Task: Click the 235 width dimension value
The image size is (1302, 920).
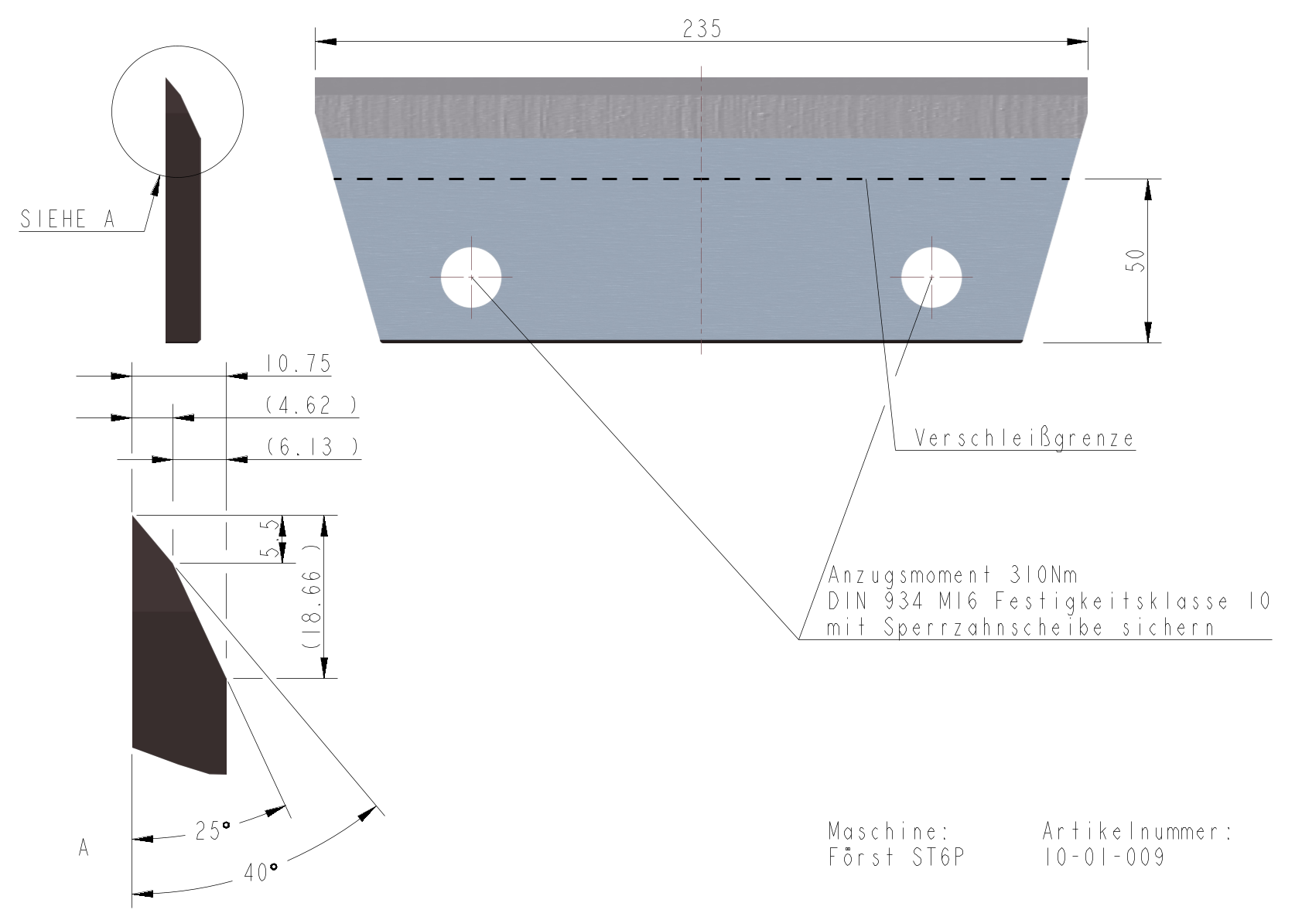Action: coord(702,29)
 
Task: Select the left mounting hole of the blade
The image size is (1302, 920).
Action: coord(471,277)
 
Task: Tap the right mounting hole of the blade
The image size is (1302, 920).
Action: coord(931,277)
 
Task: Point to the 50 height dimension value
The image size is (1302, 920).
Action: coord(1135,261)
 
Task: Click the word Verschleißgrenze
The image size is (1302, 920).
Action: coord(1024,438)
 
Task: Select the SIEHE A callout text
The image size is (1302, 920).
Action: coord(67,219)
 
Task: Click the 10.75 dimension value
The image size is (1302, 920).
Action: coord(298,363)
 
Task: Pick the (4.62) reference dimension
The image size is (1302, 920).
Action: coord(311,405)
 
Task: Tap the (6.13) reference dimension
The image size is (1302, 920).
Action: coord(312,447)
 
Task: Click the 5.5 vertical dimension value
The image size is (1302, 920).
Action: coord(270,538)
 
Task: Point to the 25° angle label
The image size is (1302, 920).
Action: coord(213,831)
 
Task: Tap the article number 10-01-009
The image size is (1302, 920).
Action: coord(1105,857)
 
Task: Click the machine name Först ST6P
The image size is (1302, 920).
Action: coord(897,857)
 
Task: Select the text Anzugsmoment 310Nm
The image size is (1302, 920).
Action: coord(952,575)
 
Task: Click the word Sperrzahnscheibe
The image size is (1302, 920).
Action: coord(993,628)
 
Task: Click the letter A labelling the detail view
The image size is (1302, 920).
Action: coord(84,848)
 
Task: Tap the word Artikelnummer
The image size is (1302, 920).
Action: coord(1137,832)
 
